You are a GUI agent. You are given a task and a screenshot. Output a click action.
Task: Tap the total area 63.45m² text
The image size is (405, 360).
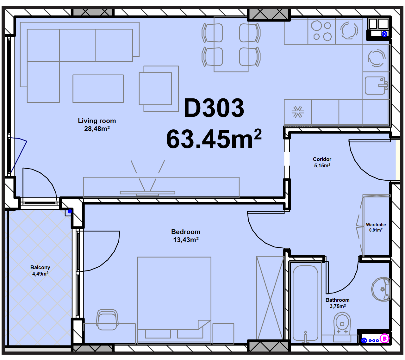point(214,139)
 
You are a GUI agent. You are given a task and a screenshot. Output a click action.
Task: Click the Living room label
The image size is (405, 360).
point(97,121)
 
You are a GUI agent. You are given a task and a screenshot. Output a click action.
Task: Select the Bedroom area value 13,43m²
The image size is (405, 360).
point(186,239)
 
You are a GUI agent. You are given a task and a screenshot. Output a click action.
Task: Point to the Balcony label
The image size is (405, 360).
point(40,267)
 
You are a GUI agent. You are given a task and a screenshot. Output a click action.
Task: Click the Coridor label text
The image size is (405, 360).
point(322,159)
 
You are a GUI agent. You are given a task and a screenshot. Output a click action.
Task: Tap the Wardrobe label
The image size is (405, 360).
point(376,225)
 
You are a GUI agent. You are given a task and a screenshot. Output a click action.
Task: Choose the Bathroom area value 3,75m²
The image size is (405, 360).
point(338,306)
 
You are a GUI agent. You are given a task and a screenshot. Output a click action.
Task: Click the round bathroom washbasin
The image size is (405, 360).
point(381,289)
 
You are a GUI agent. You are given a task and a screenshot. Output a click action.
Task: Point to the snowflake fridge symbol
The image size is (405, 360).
point(298,112)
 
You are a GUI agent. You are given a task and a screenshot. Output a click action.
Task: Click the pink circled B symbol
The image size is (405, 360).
point(384,338)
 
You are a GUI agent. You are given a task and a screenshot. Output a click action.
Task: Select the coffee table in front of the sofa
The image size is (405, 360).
point(98,89)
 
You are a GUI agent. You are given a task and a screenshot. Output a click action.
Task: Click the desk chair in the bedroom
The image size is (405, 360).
point(107,320)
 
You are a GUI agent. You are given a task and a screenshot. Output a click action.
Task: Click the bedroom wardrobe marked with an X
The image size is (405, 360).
point(270,300)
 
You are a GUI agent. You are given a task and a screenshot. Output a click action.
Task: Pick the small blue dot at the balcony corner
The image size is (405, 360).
point(70,212)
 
